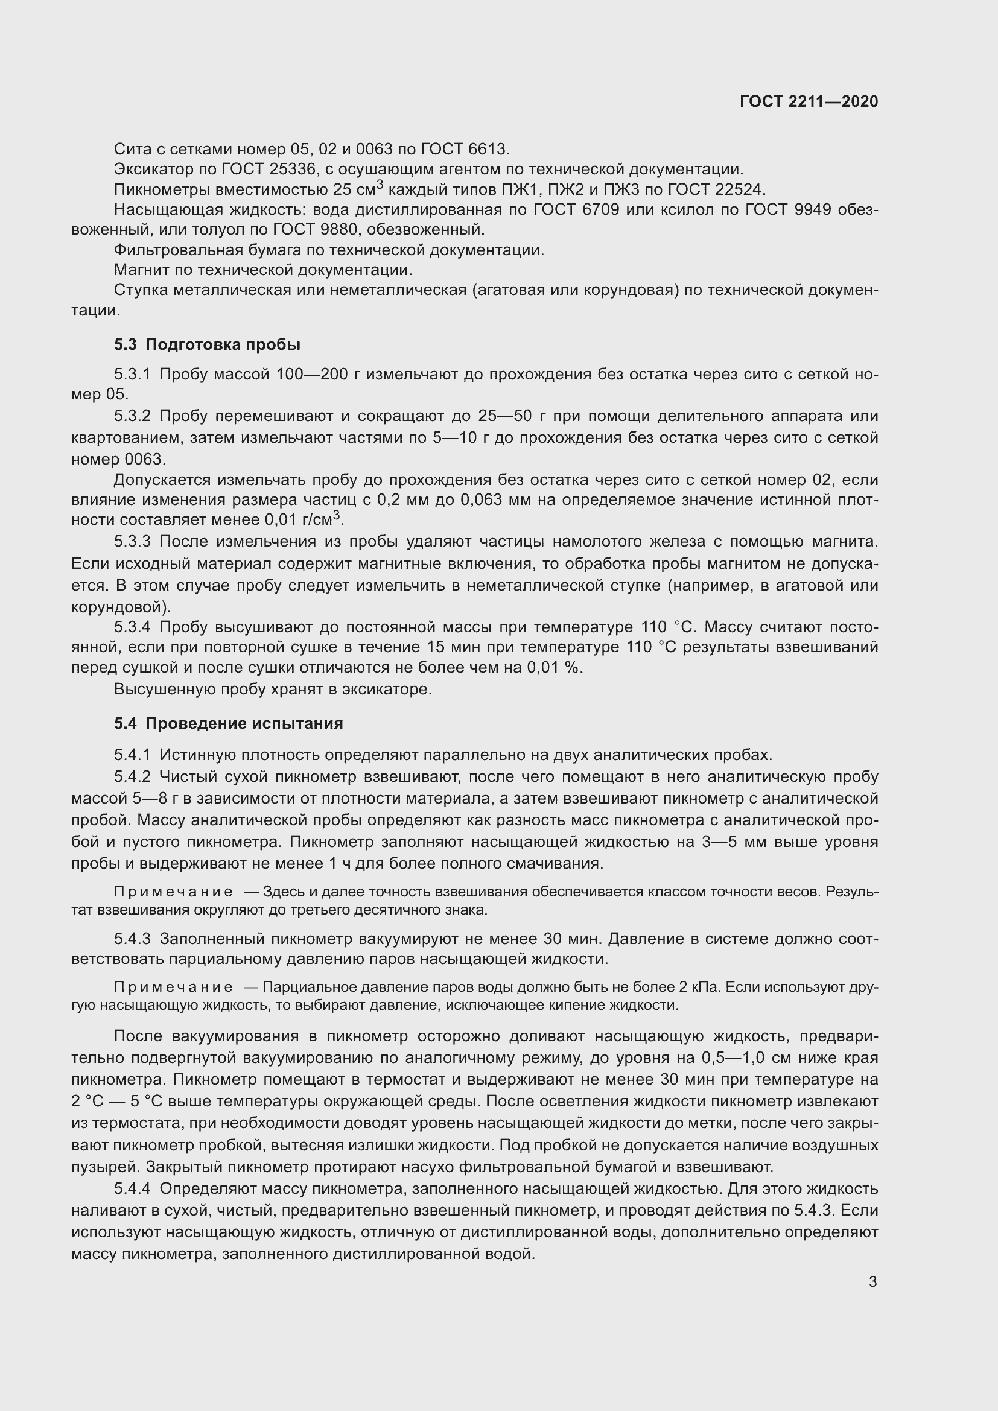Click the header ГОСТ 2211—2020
point(809,101)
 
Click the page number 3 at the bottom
point(872,1281)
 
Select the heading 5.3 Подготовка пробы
point(207,345)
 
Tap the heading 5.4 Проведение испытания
point(228,723)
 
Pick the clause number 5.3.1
point(132,374)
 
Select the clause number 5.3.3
point(132,541)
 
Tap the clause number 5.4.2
point(132,777)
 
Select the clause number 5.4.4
point(132,1188)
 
